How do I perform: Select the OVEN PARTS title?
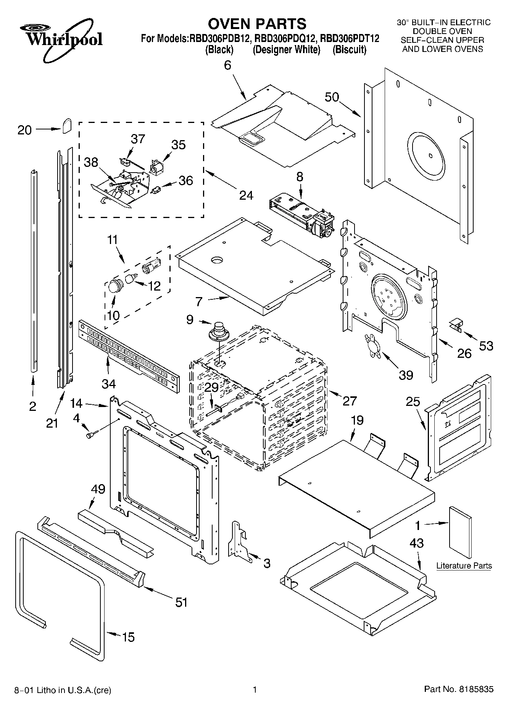coord(257,24)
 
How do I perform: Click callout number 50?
coord(332,97)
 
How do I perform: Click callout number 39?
coord(406,375)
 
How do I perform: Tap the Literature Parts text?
coord(464,565)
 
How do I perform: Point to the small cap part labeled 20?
coord(68,125)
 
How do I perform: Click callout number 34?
coord(108,383)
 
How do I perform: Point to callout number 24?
coord(246,195)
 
